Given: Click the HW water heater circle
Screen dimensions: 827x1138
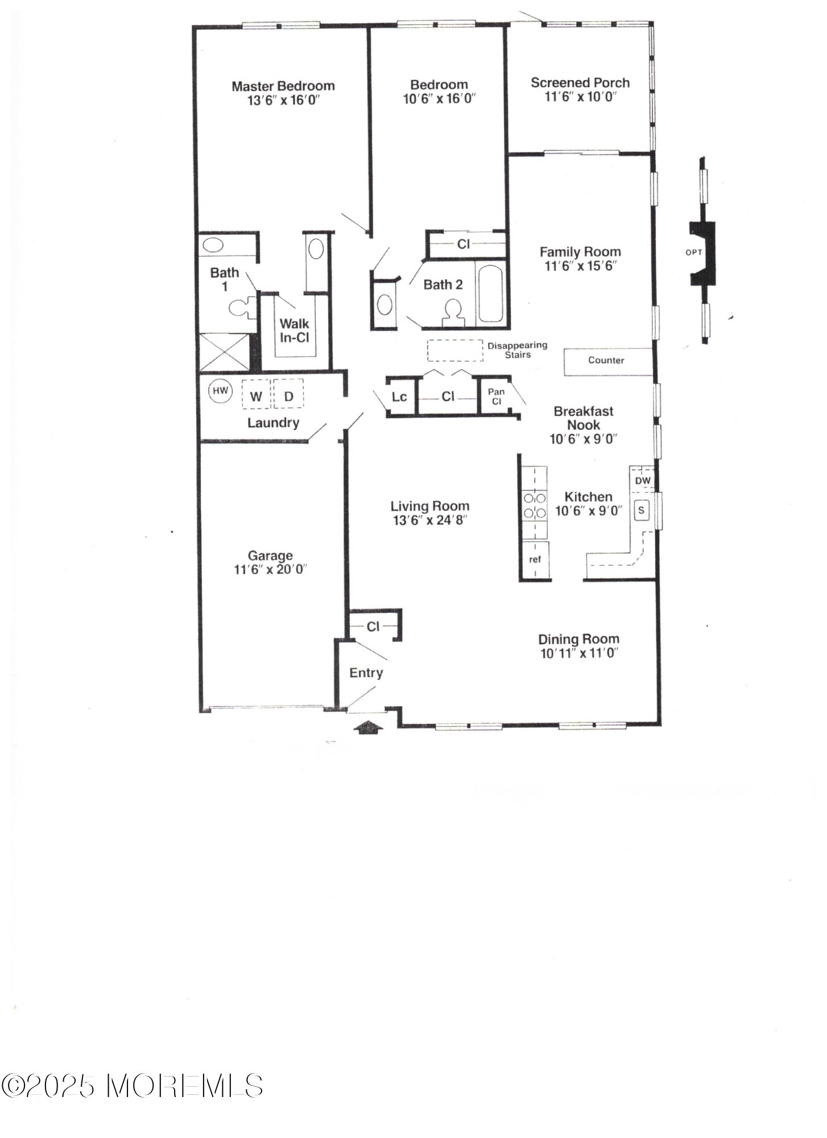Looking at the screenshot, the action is click(220, 391).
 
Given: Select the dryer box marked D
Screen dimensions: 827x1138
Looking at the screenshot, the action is click(288, 394).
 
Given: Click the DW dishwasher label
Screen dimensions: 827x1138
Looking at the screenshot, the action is click(643, 481).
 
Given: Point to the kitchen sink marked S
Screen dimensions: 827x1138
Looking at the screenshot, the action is click(642, 510).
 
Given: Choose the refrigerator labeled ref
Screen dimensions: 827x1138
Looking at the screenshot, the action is click(535, 560).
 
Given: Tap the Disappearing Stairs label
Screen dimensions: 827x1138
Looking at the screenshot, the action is click(518, 350).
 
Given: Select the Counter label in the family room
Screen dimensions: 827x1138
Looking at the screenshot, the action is click(606, 360).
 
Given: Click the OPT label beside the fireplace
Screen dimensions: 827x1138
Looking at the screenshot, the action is click(694, 253).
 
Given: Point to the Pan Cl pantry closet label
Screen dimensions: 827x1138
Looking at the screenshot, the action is click(496, 397).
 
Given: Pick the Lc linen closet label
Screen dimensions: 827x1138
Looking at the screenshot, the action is click(399, 396).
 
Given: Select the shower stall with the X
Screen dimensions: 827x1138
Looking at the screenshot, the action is click(224, 352).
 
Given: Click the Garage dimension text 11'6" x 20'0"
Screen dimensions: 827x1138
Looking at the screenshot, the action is click(270, 570).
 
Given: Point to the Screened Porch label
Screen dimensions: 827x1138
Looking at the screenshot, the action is click(580, 83).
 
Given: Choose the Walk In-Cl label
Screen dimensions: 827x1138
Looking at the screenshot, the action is click(295, 331).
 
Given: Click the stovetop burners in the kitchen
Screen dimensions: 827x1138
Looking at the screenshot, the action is click(535, 505).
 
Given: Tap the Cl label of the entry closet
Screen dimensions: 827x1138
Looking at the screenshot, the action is click(373, 626).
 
